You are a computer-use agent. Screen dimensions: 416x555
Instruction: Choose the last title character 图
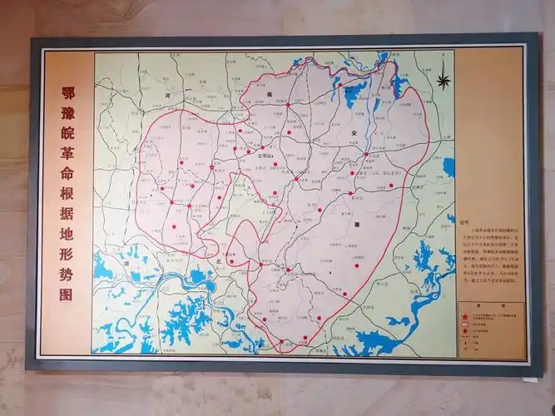(x=67, y=294)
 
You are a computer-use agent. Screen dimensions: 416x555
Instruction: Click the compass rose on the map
(x=444, y=81)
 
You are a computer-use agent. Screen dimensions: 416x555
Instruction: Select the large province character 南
(x=270, y=94)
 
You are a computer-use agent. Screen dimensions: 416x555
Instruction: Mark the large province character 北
(x=217, y=260)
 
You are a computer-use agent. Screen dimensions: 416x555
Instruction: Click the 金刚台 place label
(x=265, y=155)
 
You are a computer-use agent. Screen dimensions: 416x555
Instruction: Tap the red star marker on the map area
(x=213, y=166)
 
